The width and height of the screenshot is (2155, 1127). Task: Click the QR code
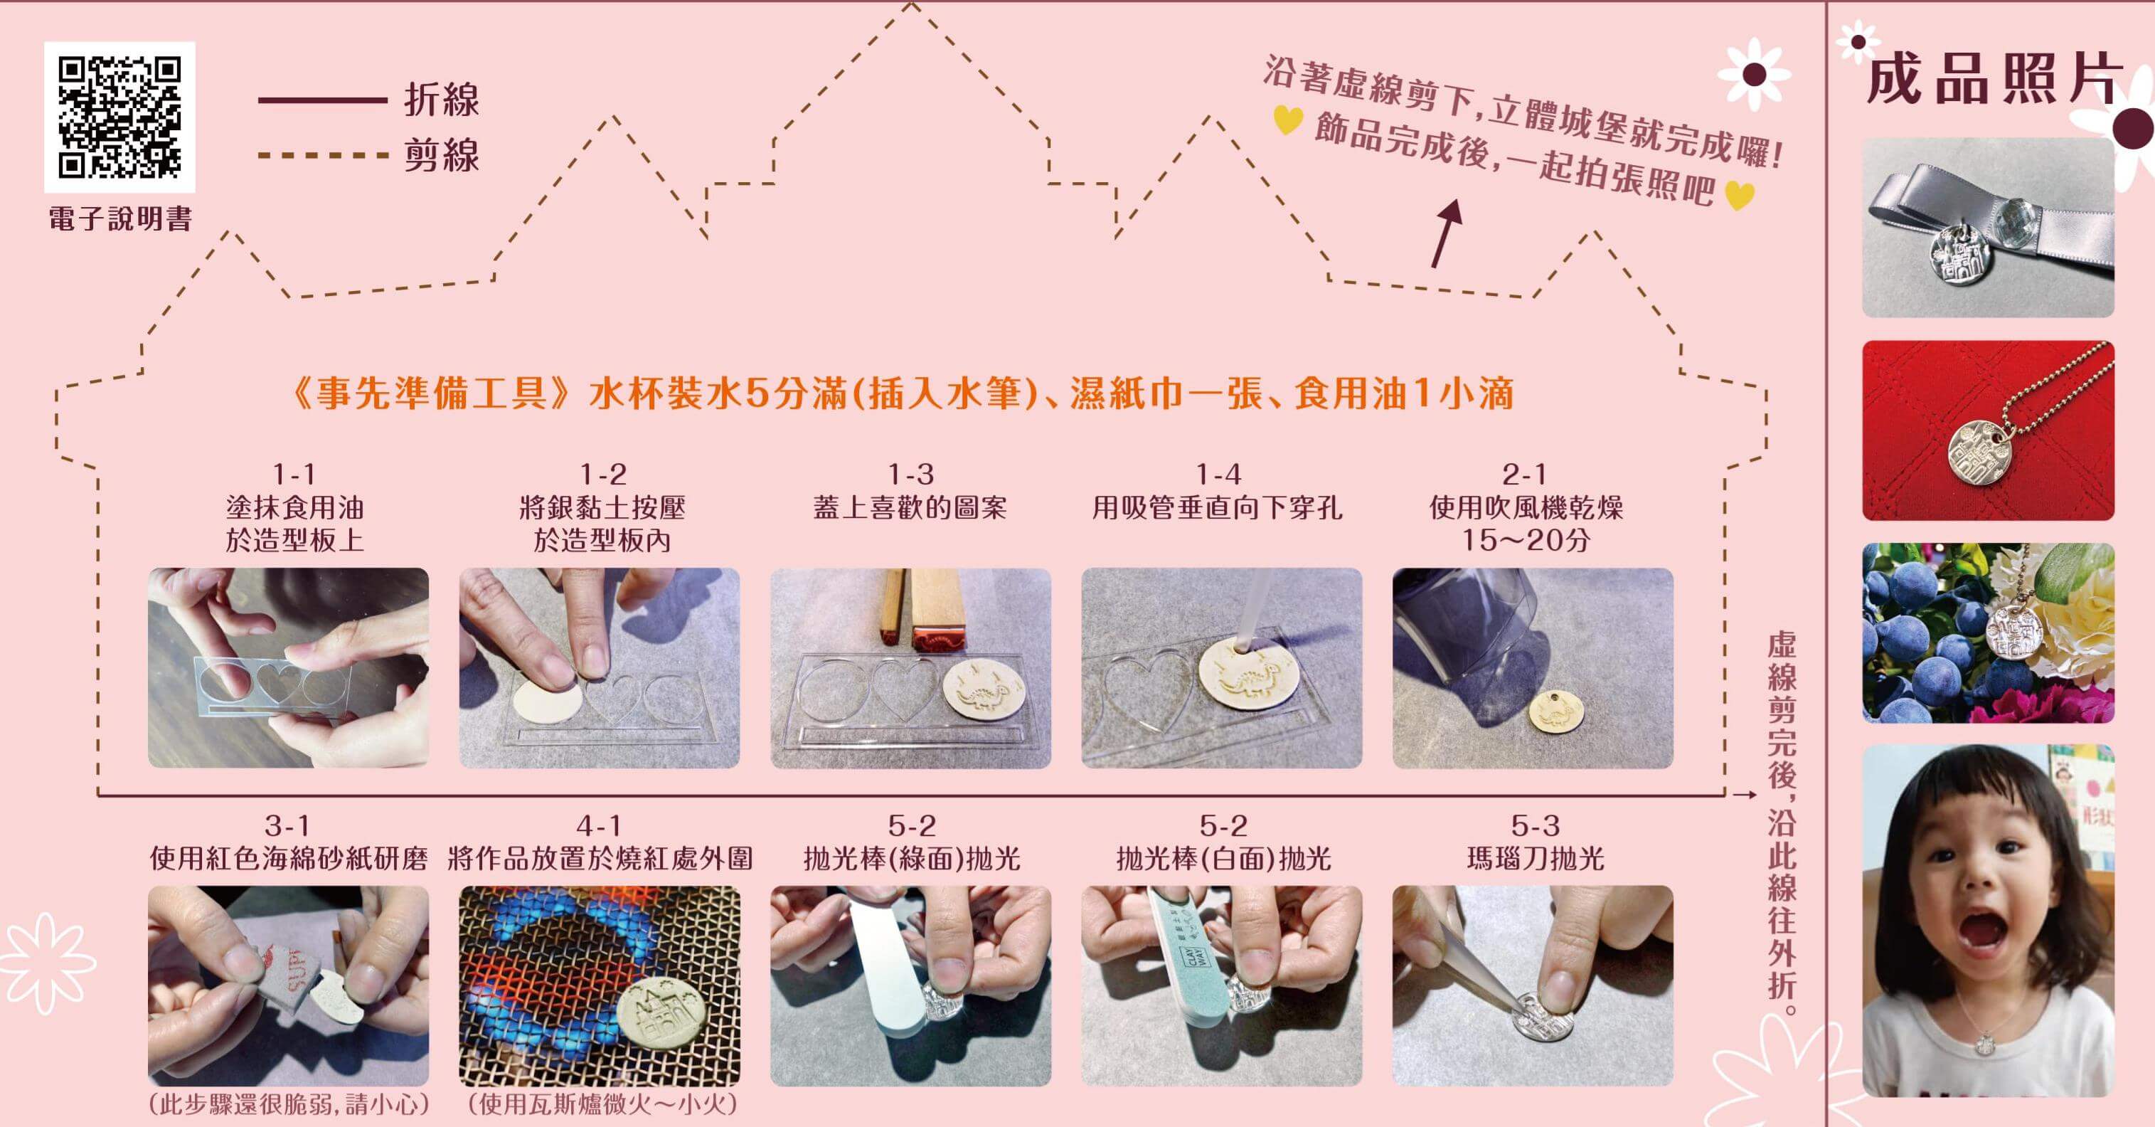point(119,117)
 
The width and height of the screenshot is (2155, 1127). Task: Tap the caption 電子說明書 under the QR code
point(120,219)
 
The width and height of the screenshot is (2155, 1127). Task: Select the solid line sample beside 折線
point(322,100)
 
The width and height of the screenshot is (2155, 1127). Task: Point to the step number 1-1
point(294,475)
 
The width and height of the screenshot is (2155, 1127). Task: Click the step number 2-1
point(1524,475)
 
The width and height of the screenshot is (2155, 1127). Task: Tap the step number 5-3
point(1535,826)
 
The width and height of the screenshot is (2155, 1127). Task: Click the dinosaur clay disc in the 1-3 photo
point(984,687)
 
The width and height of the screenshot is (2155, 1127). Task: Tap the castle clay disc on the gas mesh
point(661,1018)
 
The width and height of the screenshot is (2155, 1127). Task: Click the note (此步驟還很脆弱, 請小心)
point(289,1104)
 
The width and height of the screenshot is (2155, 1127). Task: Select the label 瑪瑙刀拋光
point(1535,859)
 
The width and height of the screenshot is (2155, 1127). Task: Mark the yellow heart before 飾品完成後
point(1287,120)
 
